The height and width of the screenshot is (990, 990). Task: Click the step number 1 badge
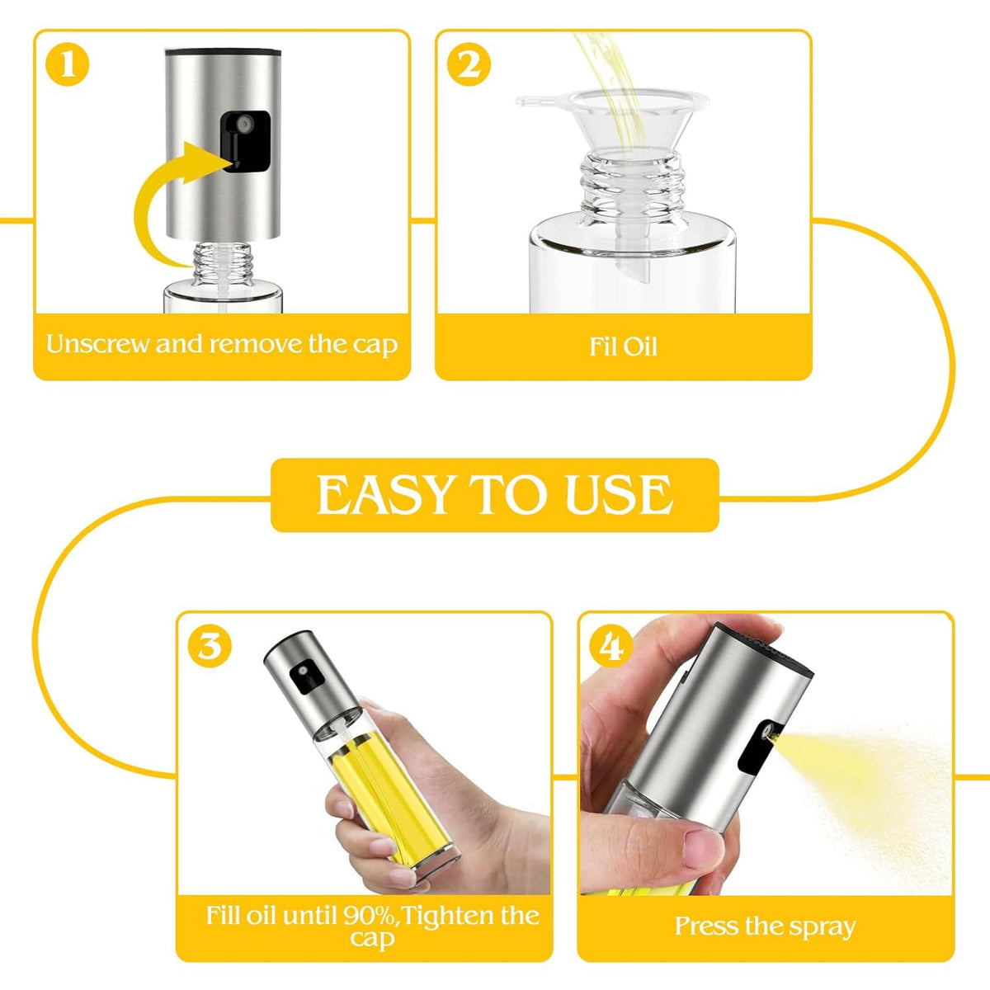68,64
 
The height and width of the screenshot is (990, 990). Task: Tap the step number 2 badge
469,64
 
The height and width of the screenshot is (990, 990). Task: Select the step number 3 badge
210,646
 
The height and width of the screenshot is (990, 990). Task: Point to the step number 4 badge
611,646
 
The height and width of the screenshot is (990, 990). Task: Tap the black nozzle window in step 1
246,141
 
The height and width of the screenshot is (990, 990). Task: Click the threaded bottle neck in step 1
223,262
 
